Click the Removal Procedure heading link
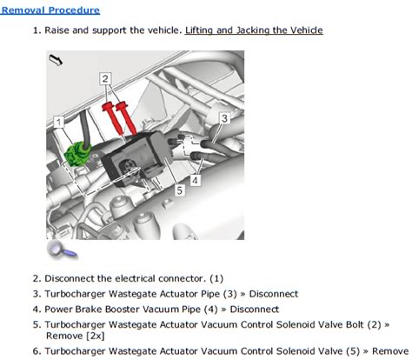pos(50,10)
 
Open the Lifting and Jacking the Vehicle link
pos(254,30)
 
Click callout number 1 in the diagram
pos(59,122)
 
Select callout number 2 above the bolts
pos(105,78)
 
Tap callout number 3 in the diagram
pos(224,118)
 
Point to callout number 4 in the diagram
pos(196,180)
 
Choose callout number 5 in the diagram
pos(180,190)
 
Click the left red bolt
pos(113,118)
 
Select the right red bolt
pos(126,117)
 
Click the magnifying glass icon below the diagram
pos(62,250)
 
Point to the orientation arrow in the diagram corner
pos(56,60)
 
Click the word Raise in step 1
pos(56,30)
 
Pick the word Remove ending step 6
pos(390,351)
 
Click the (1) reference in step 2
pos(216,278)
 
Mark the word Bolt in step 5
pos(355,324)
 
